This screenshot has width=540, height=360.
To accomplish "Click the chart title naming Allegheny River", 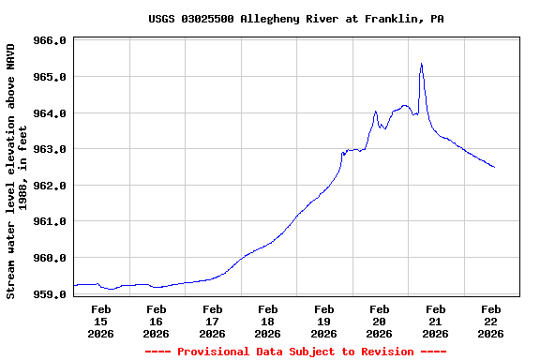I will coord(295,19).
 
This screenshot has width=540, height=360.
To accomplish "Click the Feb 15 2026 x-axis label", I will coord(100,321).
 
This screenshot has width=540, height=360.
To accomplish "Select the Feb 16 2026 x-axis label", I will coord(156,321).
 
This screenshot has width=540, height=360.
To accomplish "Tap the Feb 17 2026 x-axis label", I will coord(212,321).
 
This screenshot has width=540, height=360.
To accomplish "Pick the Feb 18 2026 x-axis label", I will coord(267,321).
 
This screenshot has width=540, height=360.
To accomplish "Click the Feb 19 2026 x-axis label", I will coord(323,321).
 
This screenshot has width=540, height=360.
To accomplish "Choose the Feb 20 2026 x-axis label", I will coord(379,321).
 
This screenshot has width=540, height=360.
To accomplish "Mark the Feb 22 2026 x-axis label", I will coord(490,321).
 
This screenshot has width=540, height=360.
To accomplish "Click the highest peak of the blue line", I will coord(422,64).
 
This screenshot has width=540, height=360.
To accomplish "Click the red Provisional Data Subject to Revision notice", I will coord(295,352).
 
